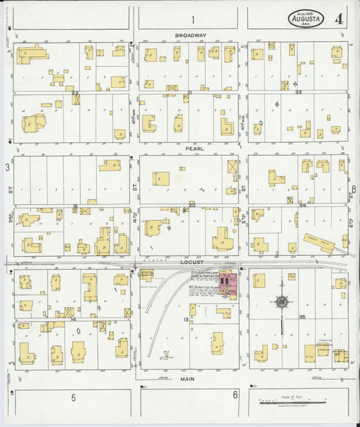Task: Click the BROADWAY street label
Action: pos(190,35)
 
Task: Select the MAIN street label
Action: pos(188,380)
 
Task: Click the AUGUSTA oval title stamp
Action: pos(306,18)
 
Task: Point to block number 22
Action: pos(75,93)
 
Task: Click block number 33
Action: pos(298,92)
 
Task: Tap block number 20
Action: pos(192,205)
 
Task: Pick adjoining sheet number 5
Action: pos(73,398)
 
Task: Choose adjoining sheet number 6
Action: pos(235,395)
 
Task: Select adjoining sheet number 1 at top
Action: pos(192,19)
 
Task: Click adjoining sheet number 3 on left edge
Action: pos(7,166)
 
